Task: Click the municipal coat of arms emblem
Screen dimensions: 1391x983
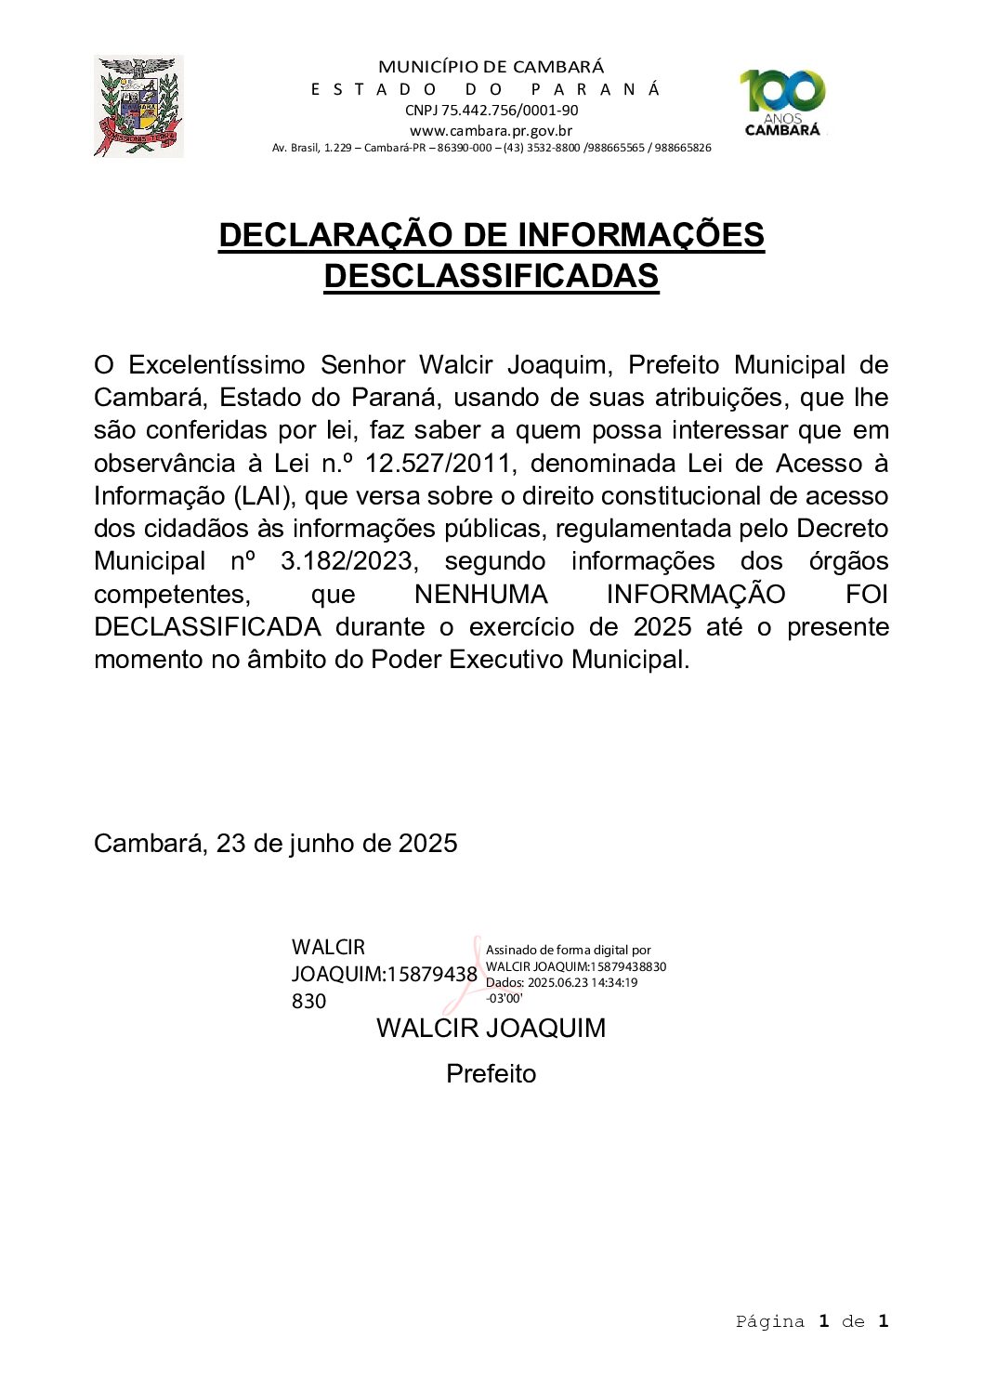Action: point(138,106)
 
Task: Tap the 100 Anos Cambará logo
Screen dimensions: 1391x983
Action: point(782,103)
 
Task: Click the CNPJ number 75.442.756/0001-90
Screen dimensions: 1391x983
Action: point(491,110)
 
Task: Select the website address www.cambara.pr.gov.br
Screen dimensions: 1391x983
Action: point(491,131)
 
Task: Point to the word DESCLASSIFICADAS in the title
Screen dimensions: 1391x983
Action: point(491,276)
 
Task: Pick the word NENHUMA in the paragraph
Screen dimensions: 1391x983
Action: point(480,595)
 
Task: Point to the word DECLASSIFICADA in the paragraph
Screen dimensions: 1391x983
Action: point(207,627)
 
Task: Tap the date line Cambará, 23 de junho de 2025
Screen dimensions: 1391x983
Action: point(276,844)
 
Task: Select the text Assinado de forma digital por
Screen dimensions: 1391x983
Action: point(568,950)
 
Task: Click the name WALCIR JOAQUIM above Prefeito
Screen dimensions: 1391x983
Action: point(491,1029)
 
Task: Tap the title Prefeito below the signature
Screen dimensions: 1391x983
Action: point(491,1074)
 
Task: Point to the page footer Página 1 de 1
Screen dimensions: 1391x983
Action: point(811,1321)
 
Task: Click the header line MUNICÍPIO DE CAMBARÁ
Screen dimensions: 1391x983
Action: point(491,67)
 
